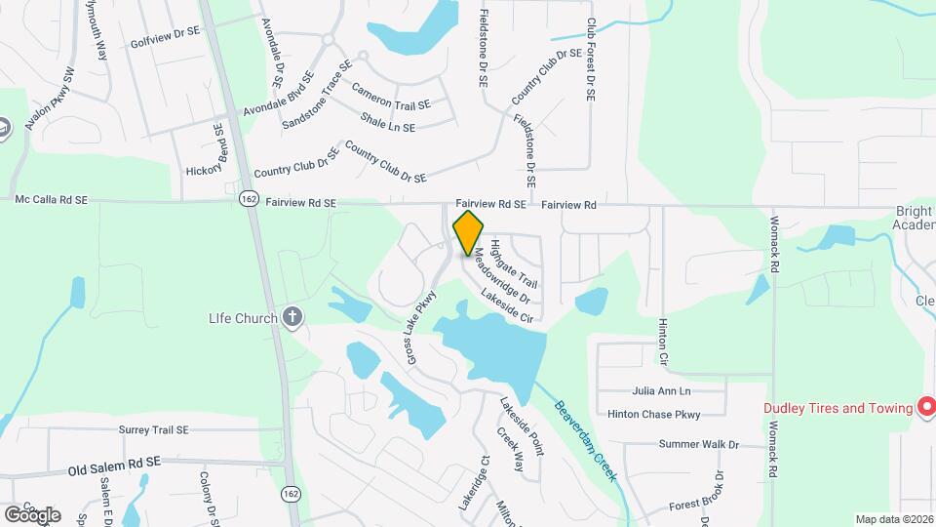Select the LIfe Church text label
pyautogui.click(x=244, y=317)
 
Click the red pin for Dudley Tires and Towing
pyautogui.click(x=926, y=407)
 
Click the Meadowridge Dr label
pyautogui.click(x=502, y=276)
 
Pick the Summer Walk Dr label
pyautogui.click(x=699, y=445)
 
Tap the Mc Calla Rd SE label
pyautogui.click(x=52, y=199)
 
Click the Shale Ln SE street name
pyautogui.click(x=387, y=122)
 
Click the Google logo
pyautogui.click(x=32, y=514)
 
